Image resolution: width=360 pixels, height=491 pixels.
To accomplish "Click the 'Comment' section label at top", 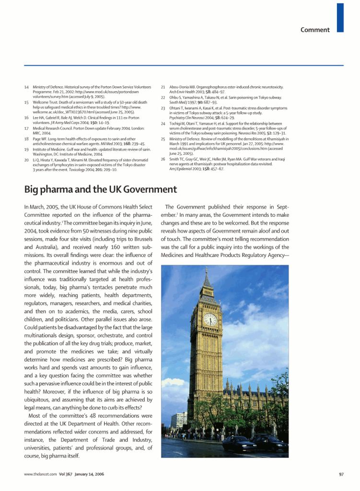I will point(315,30).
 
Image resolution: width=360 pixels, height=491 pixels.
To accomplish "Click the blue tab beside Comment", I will point(340,17).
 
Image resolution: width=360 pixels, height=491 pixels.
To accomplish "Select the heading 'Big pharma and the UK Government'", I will point(100,189).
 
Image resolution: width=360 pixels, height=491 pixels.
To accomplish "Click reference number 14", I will point(26,87).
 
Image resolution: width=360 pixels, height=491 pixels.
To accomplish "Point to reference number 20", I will point(26,159).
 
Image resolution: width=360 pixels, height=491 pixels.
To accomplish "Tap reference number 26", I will point(163,159).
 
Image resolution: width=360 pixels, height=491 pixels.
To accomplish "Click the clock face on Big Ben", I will point(210,319).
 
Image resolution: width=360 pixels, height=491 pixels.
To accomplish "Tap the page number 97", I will point(341,474).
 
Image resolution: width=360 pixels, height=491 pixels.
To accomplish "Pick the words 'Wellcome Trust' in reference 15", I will point(45,102).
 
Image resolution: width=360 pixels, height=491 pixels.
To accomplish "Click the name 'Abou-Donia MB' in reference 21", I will point(183,87).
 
